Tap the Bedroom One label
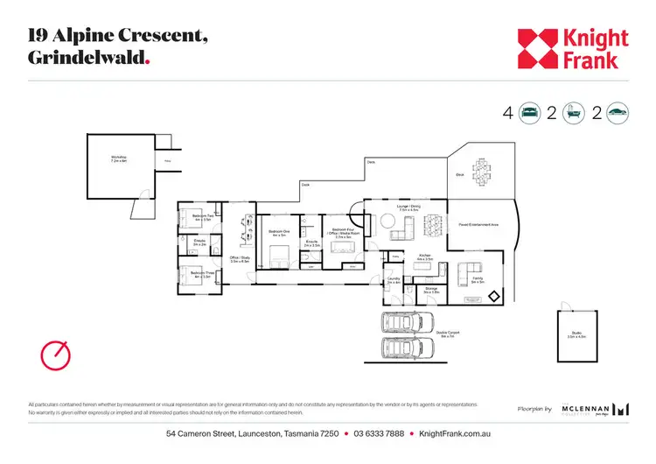point(279,235)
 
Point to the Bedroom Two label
point(202,217)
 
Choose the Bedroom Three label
point(202,274)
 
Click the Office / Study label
point(240,259)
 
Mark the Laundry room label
point(393,281)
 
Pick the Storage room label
point(430,289)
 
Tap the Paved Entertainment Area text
point(478,225)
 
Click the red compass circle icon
point(54,355)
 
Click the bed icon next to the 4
point(530,112)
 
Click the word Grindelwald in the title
point(86,56)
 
